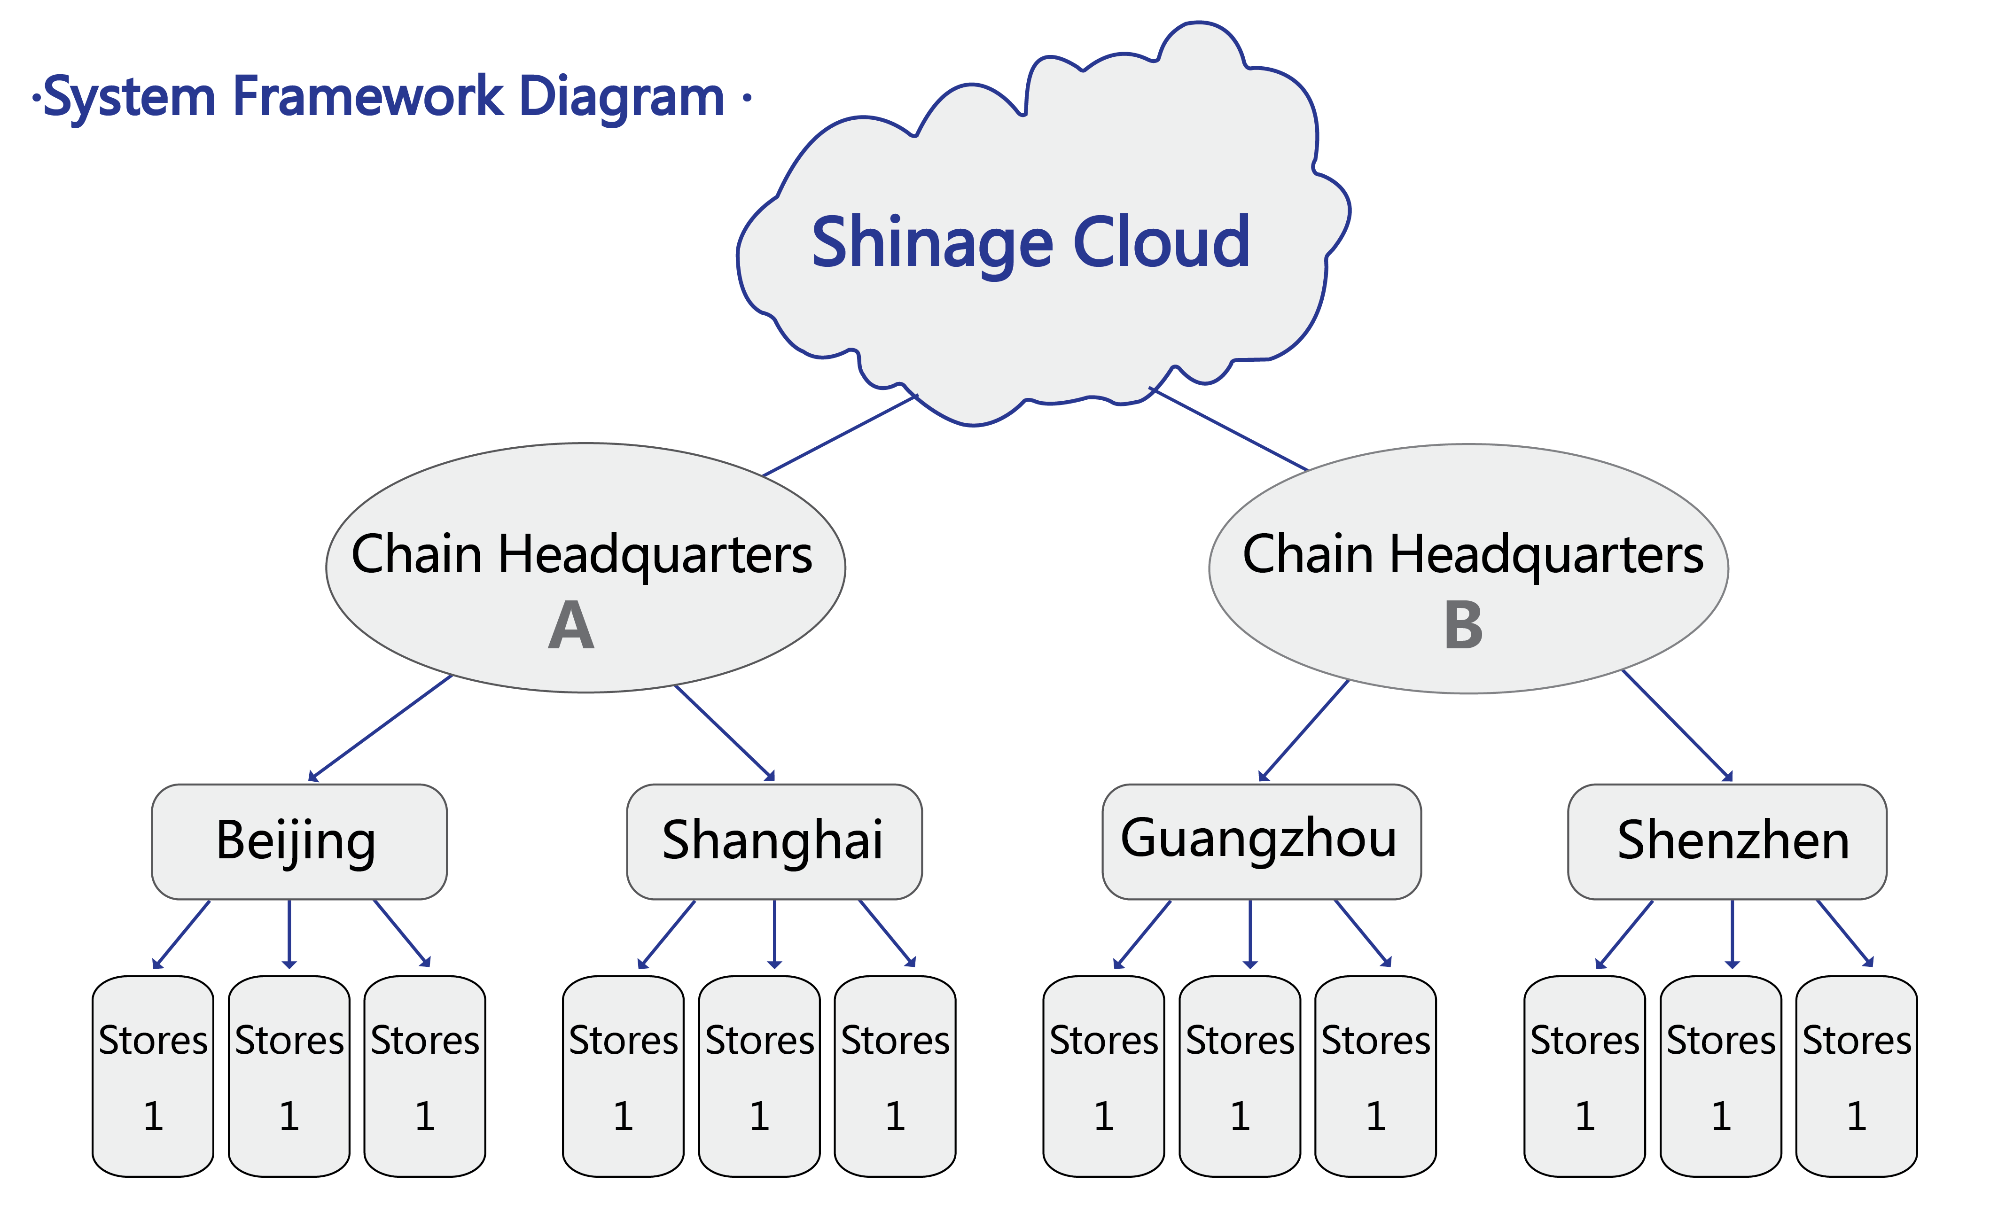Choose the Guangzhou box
pyautogui.click(x=1261, y=841)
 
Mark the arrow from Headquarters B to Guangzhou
pyautogui.click(x=1304, y=730)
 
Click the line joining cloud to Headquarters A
pyautogui.click(x=839, y=436)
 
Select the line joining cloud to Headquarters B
pyautogui.click(x=1228, y=430)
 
